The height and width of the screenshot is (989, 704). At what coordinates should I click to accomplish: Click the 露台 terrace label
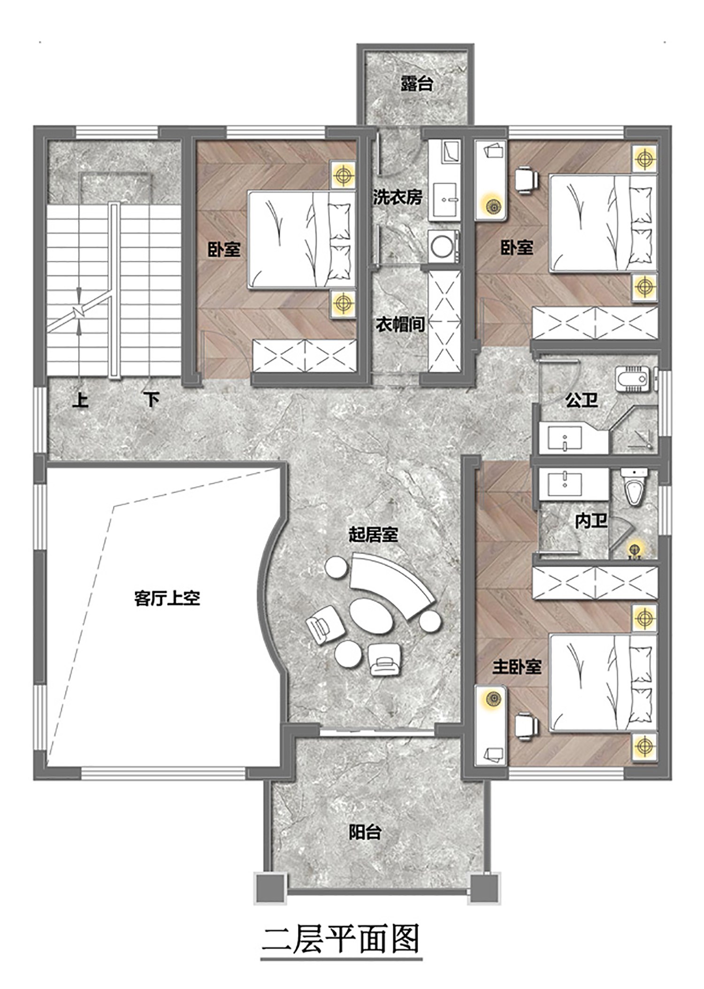pos(416,84)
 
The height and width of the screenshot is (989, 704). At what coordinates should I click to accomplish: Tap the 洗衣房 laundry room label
pos(398,197)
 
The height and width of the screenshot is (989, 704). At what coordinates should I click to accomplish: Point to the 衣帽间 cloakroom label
pos(400,324)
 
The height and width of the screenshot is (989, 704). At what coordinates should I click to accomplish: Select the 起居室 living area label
pos(373,534)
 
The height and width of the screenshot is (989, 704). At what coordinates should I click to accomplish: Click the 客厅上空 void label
pos(167,598)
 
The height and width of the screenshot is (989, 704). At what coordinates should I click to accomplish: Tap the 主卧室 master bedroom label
pos(517,667)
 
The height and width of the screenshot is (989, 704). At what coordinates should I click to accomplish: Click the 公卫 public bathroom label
pos(582,400)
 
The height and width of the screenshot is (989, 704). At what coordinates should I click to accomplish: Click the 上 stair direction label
pos(80,400)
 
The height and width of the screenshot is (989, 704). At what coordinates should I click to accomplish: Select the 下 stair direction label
pos(151,400)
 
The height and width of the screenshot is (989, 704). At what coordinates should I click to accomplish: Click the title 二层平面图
pos(341,939)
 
